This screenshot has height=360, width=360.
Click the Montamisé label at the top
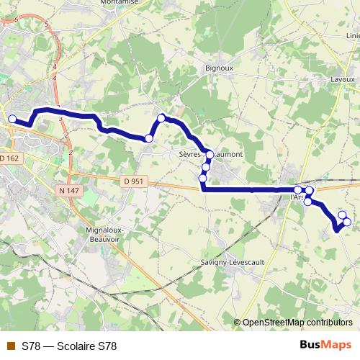pyautogui.click(x=120, y=3)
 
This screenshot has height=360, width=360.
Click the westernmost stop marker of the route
pyautogui.click(x=12, y=119)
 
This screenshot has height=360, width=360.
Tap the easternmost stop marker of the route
pyautogui.click(x=347, y=222)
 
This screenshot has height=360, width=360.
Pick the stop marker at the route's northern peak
pyautogui.click(x=161, y=118)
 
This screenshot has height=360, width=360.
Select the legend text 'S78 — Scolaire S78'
pyautogui.click(x=69, y=346)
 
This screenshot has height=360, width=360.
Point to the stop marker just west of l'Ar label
pyautogui.click(x=298, y=190)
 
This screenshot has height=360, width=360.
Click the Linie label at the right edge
pyautogui.click(x=352, y=35)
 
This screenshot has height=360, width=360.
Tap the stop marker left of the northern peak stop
pyautogui.click(x=149, y=138)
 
